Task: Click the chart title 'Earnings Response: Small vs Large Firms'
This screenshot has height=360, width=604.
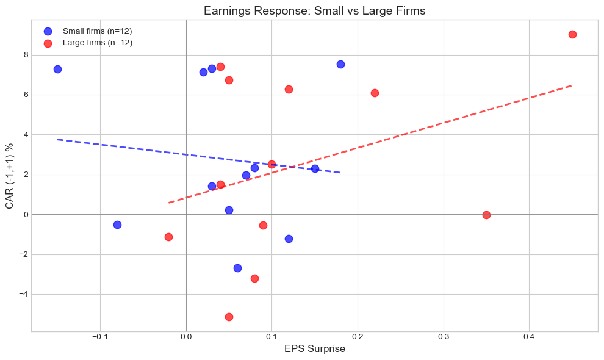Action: pos(314,10)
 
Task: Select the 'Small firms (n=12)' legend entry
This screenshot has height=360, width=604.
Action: pos(97,31)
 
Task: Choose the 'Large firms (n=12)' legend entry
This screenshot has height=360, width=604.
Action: pos(98,43)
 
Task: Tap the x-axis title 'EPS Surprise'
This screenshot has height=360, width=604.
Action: pos(314,349)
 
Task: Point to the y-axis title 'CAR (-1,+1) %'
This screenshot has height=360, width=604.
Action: pos(10,175)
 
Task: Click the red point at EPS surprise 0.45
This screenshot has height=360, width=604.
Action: pos(572,34)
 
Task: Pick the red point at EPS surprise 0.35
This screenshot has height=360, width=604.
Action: pos(486,215)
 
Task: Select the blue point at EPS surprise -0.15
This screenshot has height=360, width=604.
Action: pos(57,69)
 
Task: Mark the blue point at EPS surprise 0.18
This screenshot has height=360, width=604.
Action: pos(340,64)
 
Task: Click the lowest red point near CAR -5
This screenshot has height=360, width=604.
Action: pos(229,317)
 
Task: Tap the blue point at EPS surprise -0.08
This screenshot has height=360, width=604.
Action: pos(117,225)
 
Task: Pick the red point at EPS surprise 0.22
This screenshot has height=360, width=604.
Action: pos(375,93)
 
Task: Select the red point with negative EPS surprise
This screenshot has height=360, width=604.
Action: pos(168,237)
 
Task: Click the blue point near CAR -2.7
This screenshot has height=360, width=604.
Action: pos(237,268)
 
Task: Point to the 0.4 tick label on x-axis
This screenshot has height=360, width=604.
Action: pos(529,337)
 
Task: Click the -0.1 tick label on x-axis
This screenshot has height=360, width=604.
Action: pos(99,337)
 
